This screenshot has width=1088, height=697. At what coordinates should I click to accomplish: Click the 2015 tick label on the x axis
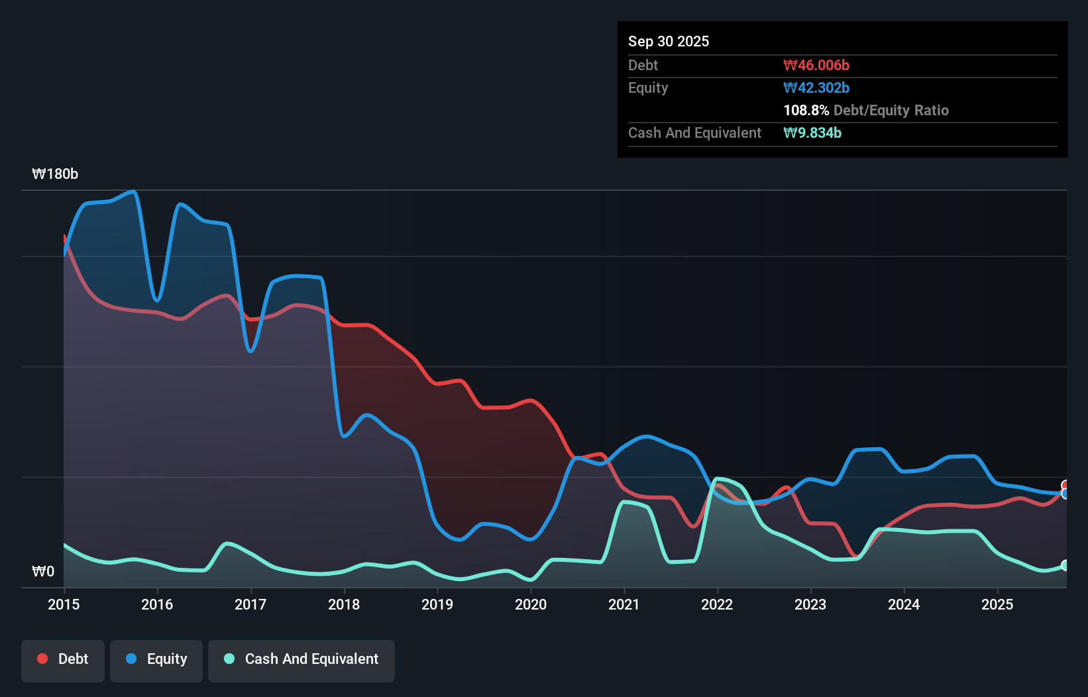click(64, 604)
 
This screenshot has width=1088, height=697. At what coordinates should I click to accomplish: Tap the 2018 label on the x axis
click(344, 604)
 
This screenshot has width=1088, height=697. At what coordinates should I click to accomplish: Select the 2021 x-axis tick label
click(624, 604)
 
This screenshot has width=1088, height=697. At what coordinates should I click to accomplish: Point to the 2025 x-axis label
click(997, 604)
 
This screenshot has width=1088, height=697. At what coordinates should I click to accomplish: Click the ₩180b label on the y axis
click(55, 174)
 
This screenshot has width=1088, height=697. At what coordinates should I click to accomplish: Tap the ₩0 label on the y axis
click(43, 571)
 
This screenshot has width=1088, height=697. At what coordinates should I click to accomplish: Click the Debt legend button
click(63, 659)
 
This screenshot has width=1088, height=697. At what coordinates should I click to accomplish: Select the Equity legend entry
click(156, 659)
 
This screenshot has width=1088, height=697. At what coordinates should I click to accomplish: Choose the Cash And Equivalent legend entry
click(301, 659)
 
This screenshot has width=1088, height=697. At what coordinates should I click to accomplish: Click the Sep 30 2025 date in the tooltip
click(668, 41)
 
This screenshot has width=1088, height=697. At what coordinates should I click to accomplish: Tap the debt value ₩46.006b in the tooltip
click(816, 65)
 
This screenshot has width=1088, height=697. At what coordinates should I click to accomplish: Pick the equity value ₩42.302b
click(816, 87)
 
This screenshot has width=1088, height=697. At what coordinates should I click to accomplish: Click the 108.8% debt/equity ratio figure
click(806, 110)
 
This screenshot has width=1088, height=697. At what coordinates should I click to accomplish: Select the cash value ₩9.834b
click(812, 133)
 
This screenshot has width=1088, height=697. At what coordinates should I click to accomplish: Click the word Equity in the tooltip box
click(647, 87)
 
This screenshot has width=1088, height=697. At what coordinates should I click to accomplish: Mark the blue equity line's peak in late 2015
click(133, 191)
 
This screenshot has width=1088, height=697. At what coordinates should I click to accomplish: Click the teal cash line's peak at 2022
click(717, 478)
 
